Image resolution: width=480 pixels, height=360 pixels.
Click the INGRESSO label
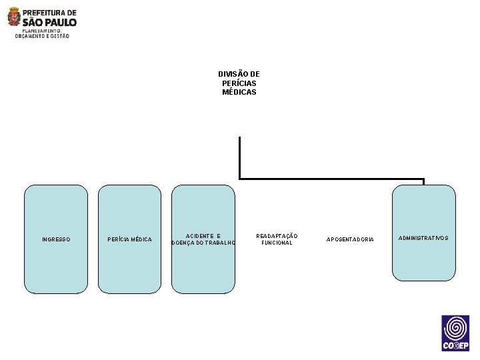[56, 239]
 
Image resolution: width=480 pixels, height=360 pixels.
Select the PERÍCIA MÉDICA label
[130, 239]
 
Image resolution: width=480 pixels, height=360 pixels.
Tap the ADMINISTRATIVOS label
[423, 238]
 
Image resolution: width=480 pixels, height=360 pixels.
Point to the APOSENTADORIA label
[350, 239]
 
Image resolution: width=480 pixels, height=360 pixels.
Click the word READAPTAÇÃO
[277, 236]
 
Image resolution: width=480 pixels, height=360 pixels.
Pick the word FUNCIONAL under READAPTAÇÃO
[277, 243]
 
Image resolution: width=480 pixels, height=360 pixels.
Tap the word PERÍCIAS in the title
[239, 83]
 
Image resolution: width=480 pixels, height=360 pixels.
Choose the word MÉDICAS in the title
[239, 92]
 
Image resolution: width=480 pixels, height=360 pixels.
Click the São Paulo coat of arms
[14, 17]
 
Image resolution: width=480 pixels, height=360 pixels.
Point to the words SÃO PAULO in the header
[50, 22]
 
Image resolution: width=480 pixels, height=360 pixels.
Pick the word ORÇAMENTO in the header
[29, 36]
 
